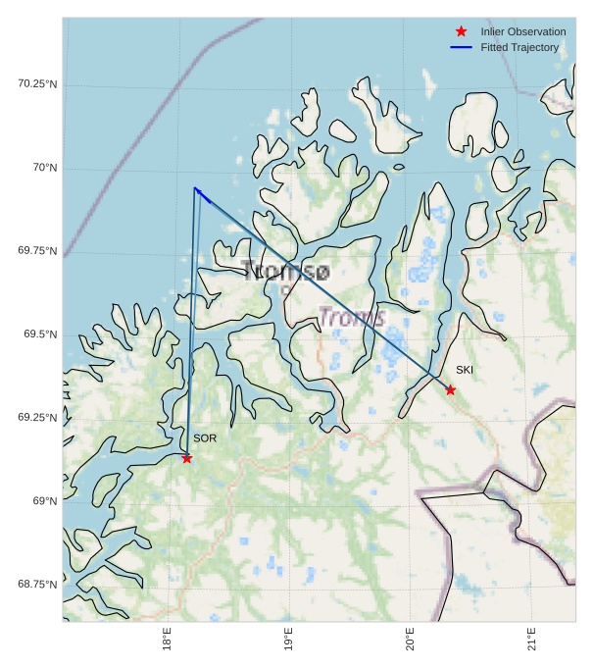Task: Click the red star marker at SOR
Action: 186,458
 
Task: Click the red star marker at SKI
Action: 450,389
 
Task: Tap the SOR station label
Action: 204,438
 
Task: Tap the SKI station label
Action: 465,370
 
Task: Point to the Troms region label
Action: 352,317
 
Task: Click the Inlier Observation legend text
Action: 523,32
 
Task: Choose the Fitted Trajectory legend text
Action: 519,47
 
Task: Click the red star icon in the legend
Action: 461,32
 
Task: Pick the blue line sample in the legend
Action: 461,47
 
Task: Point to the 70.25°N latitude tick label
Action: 37,84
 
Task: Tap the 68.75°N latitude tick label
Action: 37,585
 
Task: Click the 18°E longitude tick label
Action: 168,640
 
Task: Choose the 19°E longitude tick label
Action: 288,640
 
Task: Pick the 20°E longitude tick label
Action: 410,640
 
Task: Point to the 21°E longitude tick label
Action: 531,640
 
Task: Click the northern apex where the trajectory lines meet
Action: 195,187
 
